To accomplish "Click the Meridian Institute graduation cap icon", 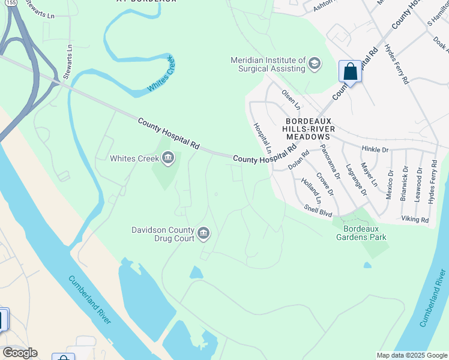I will (314, 63).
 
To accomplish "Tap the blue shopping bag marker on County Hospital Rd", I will (350, 72).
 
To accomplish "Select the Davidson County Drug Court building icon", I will (203, 233).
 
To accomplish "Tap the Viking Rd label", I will (416, 220).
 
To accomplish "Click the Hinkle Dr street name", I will (375, 148).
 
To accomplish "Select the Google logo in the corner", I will (19, 353).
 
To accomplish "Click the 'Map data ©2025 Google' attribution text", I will (412, 355).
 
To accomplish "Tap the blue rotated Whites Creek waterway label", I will (160, 80).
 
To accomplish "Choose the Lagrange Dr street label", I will (356, 179).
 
